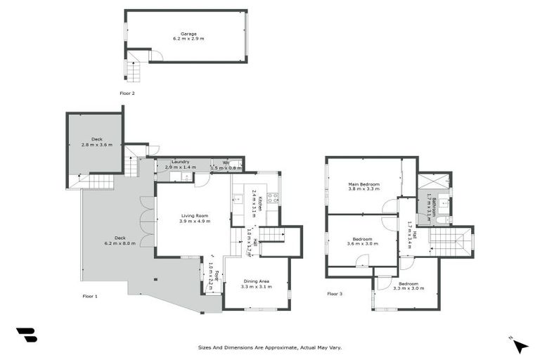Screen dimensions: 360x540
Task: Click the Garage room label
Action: coord(188,34)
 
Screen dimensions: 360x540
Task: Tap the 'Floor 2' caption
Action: coord(127,93)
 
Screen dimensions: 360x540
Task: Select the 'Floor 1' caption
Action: coord(89,296)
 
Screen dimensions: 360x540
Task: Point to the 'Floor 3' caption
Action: coord(335,293)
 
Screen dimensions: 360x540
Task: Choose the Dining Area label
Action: coord(256,282)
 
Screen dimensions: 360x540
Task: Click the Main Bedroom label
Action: coord(364,184)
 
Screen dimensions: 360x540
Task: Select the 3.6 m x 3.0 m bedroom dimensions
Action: coord(362,244)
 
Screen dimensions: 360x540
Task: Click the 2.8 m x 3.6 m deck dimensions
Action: coord(96,145)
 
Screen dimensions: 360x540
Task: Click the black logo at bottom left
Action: coord(27,335)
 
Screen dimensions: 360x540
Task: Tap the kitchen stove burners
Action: coord(273,198)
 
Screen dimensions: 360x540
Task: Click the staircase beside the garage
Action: coord(133,71)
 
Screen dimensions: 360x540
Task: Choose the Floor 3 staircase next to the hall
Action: coord(453,242)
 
